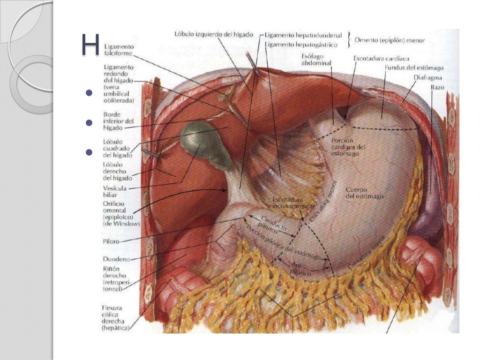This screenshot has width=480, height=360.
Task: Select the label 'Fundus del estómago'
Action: coord(413,68)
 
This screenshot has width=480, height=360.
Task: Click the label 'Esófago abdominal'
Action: coord(316,59)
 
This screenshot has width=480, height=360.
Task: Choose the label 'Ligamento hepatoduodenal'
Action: coord(303,35)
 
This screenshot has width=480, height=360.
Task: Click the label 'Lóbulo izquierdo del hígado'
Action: coord(214,34)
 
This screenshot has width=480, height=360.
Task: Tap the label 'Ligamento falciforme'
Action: coord(119,50)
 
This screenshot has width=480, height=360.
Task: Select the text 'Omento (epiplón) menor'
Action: coord(390,40)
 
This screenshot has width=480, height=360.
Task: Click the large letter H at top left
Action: coord(90,45)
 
